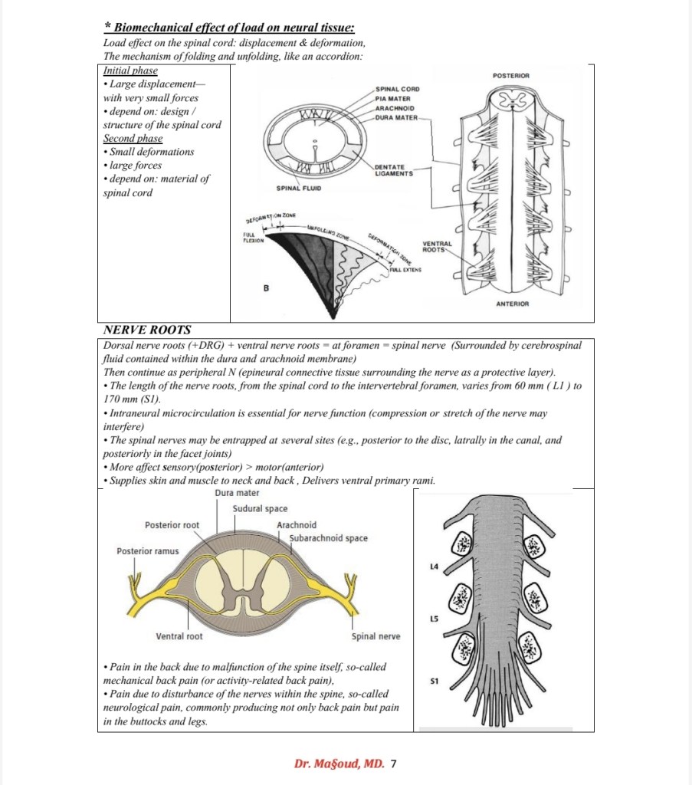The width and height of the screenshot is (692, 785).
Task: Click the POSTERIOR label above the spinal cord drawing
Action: [x=510, y=75]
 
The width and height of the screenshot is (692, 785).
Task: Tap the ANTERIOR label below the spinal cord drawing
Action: [x=511, y=304]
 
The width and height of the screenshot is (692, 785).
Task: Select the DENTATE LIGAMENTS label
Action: [x=394, y=170]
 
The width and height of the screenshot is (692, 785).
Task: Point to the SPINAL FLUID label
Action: [x=299, y=188]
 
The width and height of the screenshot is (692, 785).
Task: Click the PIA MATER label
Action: [x=393, y=98]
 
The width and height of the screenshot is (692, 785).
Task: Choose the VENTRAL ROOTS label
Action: [x=438, y=246]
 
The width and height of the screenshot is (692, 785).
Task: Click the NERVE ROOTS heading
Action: [x=146, y=330]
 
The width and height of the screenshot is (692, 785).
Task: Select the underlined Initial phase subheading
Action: [x=130, y=71]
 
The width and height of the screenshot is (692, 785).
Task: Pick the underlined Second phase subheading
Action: [x=133, y=138]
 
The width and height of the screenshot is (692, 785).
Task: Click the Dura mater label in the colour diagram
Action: [x=238, y=493]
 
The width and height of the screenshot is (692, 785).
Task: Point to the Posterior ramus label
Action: [x=147, y=551]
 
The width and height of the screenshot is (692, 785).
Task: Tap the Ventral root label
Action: [x=179, y=636]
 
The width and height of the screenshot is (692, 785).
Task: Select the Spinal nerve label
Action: [x=376, y=636]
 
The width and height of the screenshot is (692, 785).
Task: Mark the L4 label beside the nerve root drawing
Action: [x=435, y=567]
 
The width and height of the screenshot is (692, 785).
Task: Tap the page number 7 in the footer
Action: [x=394, y=764]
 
